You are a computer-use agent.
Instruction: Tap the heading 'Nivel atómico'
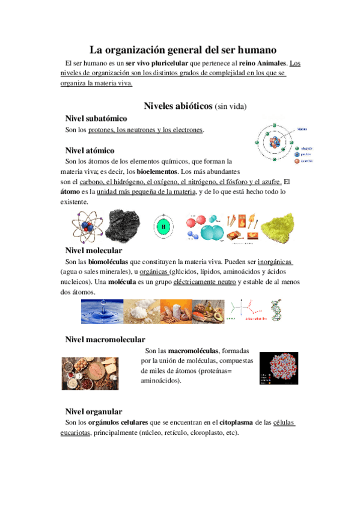tap(90, 150)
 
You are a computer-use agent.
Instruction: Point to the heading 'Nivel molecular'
tap(93, 250)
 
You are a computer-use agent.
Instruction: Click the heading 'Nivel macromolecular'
tap(105, 340)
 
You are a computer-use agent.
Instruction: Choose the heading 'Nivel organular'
tap(93, 411)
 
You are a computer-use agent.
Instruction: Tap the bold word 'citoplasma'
tap(240, 422)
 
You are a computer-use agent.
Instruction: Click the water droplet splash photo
tap(102, 311)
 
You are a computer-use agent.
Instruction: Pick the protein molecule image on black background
tap(278, 368)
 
